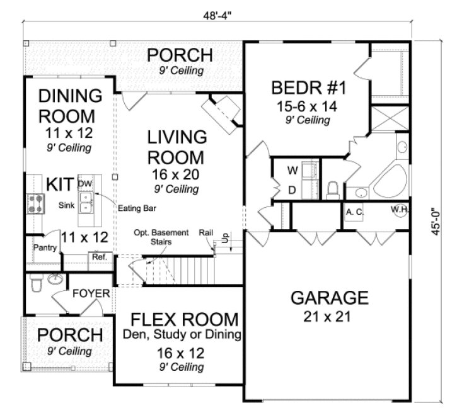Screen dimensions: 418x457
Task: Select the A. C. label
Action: [x=354, y=212]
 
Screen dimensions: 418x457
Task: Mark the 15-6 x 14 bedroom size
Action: [x=305, y=106]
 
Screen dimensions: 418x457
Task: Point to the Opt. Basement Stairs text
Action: [x=161, y=237]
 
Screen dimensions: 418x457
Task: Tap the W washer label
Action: [x=292, y=170]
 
